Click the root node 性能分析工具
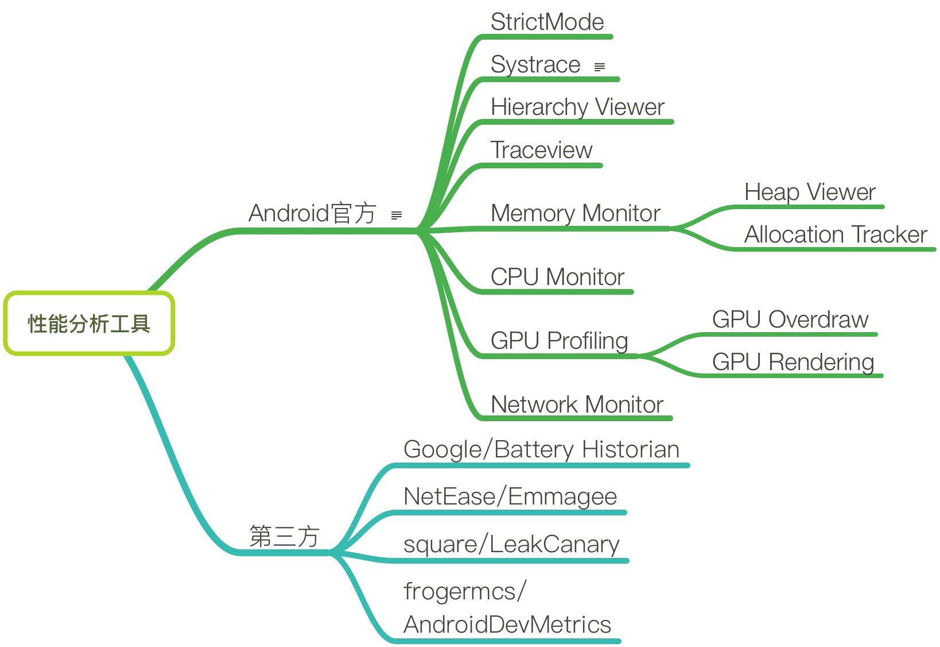click(89, 323)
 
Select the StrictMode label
click(547, 22)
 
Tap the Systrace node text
click(535, 65)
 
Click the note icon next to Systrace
click(600, 67)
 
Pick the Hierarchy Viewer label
click(577, 107)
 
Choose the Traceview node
click(541, 151)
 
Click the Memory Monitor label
click(576, 214)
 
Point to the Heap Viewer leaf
click(810, 192)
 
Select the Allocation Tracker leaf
click(836, 235)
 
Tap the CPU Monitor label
click(557, 278)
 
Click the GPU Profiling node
click(560, 341)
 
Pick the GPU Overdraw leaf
click(790, 320)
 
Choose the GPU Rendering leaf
click(793, 363)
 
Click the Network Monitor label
click(577, 405)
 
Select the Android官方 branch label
click(312, 214)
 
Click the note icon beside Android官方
click(396, 215)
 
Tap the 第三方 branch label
click(284, 537)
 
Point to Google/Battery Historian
click(541, 450)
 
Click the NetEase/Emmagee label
click(510, 497)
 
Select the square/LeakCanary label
click(511, 545)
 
